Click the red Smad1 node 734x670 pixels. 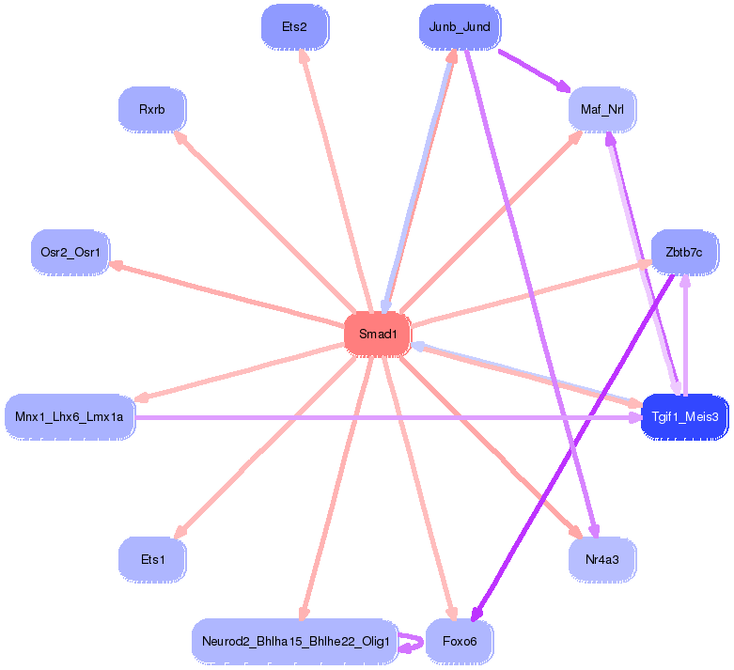click(x=378, y=335)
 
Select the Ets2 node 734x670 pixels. click(x=294, y=27)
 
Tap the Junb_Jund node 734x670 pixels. click(x=460, y=26)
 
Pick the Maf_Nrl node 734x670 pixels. click(x=602, y=110)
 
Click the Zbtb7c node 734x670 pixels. click(x=684, y=252)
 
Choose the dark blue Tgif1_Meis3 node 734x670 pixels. click(x=685, y=416)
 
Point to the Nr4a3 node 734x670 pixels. click(x=602, y=559)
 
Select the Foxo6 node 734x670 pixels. click(x=460, y=641)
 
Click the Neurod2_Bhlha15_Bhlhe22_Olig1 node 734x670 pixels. click(x=295, y=641)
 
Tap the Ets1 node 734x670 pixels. click(x=152, y=559)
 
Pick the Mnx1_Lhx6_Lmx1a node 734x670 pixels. click(x=70, y=416)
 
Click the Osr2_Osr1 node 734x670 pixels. click(x=70, y=252)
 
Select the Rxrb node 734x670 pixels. click(x=152, y=110)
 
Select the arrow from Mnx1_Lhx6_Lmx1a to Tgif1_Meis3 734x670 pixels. click(x=376, y=416)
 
